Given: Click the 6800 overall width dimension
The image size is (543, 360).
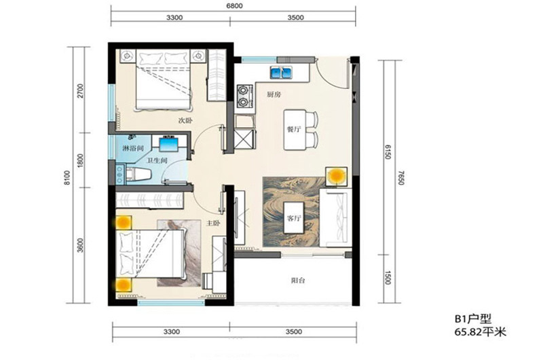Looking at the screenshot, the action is coord(234,6).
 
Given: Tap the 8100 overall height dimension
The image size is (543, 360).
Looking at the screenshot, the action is coord(67,177).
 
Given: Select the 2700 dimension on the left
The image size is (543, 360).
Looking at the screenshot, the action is coord(80,91).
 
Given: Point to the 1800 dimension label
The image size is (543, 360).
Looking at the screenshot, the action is coord(80,160).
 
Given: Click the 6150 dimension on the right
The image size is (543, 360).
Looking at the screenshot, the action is coord(388,151).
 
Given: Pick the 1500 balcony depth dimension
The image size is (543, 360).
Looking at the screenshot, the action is coord(388,278).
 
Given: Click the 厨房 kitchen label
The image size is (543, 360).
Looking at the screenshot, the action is coord(274,94).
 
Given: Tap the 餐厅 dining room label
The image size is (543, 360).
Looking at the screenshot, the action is coord(294,130).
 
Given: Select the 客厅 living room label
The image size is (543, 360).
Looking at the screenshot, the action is coord(294,218).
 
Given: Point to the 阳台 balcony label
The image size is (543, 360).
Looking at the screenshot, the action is coord(298,281).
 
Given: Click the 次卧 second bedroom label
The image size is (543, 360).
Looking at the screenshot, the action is coord(185,121).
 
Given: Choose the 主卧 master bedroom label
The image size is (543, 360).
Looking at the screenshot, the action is coord(213,223).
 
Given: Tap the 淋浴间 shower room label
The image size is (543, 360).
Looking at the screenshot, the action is coord(133,149).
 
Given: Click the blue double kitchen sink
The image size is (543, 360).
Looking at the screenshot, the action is coord(281,73).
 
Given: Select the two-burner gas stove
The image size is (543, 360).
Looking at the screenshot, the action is coord(244,96).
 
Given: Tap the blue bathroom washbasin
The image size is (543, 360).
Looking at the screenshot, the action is coord(169,144).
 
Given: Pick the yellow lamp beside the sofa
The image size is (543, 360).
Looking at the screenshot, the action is coord(336,176).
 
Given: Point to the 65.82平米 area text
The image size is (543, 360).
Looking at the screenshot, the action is coord(481,332).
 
